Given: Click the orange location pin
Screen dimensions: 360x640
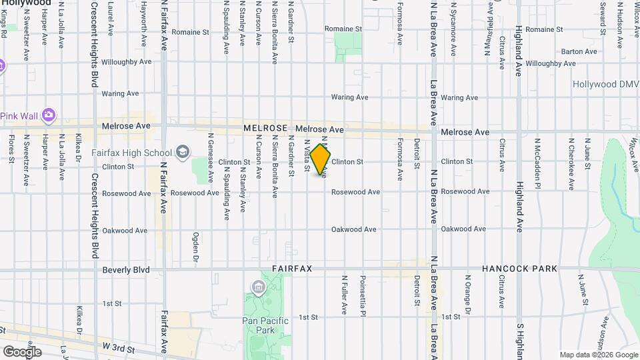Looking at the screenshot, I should tap(321, 159).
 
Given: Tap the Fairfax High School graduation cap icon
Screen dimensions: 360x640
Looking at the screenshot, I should tap(183, 153).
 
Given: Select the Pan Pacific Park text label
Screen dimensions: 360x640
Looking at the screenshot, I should tap(265, 325).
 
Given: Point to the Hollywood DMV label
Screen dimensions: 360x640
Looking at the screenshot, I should tap(606, 85).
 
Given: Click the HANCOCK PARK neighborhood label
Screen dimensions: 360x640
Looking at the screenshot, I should tap(521, 269).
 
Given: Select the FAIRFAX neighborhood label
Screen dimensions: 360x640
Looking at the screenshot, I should tap(293, 269).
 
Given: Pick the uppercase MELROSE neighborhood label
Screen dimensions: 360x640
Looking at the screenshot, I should tap(265, 128).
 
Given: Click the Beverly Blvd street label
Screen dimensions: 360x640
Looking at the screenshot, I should tap(126, 270).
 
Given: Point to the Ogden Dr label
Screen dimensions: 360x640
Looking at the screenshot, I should tap(196, 247).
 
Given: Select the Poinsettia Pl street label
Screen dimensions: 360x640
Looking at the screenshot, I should tap(363, 294).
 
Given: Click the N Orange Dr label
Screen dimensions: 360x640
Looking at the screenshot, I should tap(467, 294).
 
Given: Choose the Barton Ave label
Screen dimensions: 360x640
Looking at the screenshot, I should tap(579, 51).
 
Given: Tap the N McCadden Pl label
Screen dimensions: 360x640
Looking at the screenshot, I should tap(536, 160).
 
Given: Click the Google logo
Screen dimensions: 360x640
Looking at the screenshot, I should tap(21, 352).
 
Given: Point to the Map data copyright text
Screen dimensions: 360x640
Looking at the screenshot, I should tap(597, 355).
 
